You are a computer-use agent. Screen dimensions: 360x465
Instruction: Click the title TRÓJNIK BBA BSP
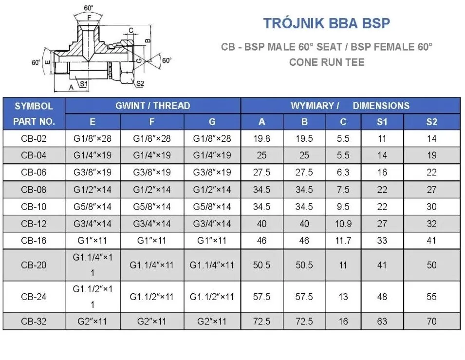pos(326,23)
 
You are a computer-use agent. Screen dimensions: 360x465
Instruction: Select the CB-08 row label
pos(34,189)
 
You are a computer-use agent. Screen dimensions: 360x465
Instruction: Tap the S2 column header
pos(431,122)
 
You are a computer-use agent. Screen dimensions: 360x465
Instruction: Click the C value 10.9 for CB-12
pos(343,224)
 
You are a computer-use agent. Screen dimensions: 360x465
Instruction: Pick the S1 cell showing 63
pos(382,322)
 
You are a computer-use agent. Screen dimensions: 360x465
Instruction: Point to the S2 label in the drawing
pos(140,84)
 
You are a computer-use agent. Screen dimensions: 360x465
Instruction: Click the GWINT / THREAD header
pos(152,106)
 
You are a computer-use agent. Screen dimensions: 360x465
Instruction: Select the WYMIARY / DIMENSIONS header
pos(350,106)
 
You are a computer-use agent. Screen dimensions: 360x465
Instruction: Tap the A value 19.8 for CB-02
pos(262,138)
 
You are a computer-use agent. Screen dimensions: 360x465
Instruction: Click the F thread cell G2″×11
pos(152,322)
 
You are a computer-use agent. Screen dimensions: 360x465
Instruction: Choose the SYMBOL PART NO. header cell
pos(34,114)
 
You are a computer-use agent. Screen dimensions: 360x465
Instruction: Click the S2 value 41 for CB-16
pos(431,241)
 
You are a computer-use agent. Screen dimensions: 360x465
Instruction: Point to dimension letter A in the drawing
pos(71,87)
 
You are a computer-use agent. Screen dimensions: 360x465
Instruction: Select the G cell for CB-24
pos(212,297)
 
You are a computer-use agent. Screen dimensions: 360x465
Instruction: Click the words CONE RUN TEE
pos(326,62)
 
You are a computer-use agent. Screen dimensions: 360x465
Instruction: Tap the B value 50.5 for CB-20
pos(304,265)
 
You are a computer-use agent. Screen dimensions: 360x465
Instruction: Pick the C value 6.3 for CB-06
pos(343,172)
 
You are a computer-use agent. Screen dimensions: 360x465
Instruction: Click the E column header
pos(93,122)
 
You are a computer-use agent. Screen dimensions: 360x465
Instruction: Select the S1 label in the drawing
pos(83,84)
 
